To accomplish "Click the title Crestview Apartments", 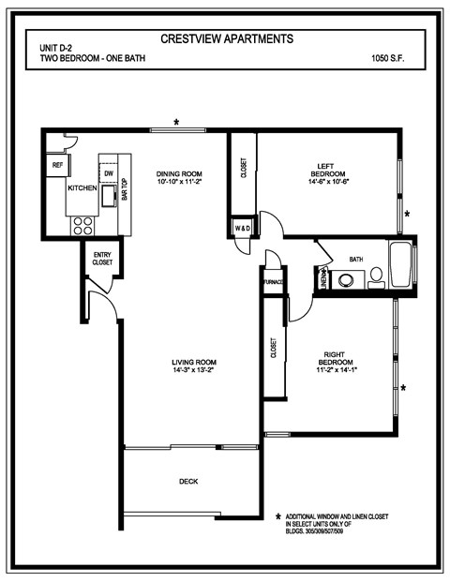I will [x=227, y=39].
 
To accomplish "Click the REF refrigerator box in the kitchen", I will [x=57, y=165].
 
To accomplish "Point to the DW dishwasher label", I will [x=109, y=174].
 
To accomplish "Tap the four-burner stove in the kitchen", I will [x=83, y=224].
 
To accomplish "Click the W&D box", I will [x=243, y=228].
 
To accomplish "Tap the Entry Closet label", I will [x=101, y=259].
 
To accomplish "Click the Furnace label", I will [x=274, y=281].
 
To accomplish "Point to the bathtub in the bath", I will [x=400, y=266].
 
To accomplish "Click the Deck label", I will [x=188, y=482].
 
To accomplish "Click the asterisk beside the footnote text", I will [x=278, y=516].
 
